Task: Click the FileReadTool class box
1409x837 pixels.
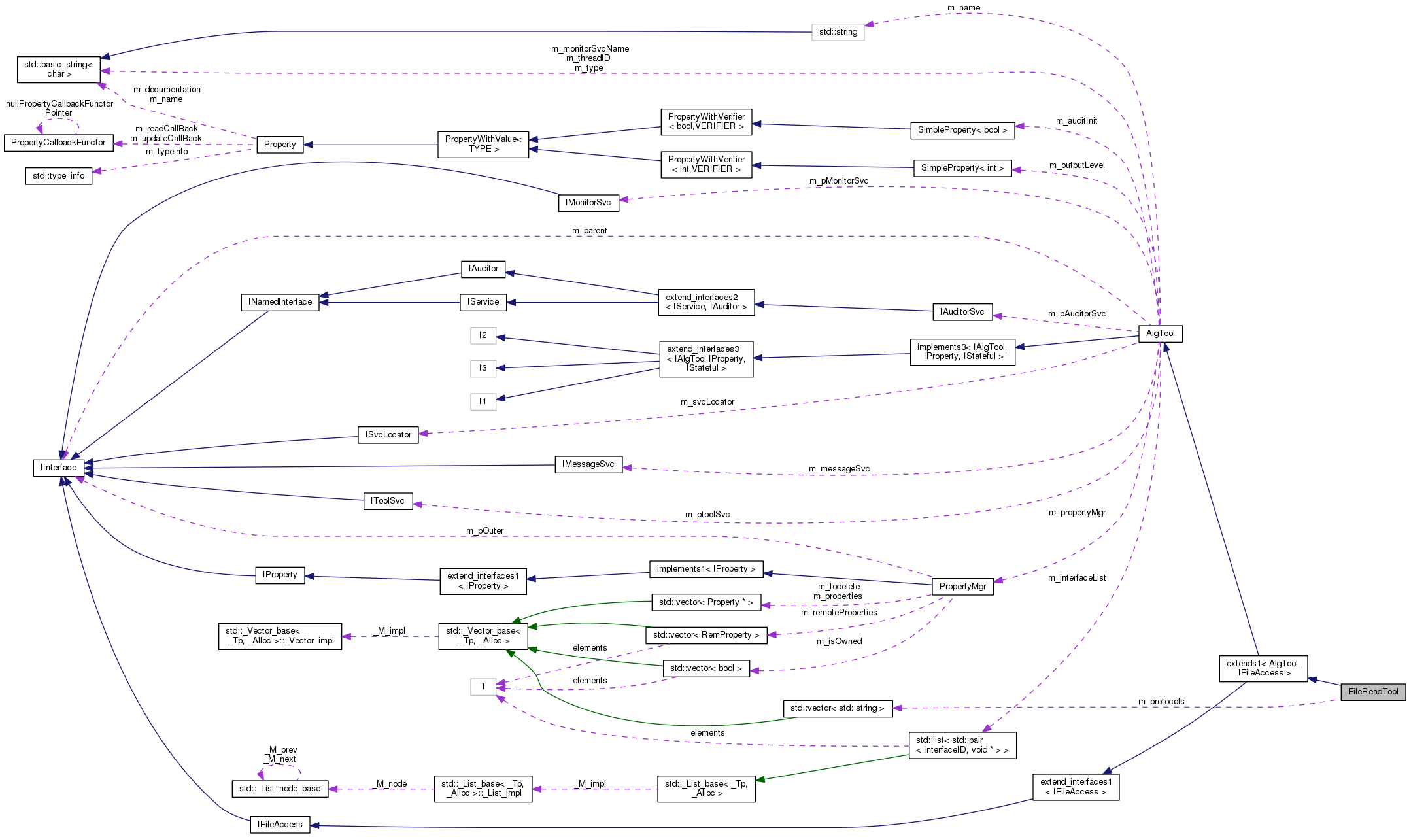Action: pyautogui.click(x=1372, y=692)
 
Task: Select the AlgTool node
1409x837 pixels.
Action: pyautogui.click(x=1160, y=333)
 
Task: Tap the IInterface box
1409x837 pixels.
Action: pyautogui.click(x=58, y=468)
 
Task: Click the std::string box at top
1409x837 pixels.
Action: pyautogui.click(x=838, y=32)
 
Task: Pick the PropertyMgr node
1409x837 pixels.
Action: pyautogui.click(x=962, y=587)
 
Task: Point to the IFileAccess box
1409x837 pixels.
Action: pyautogui.click(x=280, y=825)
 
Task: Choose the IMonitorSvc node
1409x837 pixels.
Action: pyautogui.click(x=588, y=203)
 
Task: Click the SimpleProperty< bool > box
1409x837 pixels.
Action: pyautogui.click(x=962, y=130)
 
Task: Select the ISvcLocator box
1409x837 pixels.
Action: pyautogui.click(x=388, y=435)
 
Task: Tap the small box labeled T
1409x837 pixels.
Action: pyautogui.click(x=483, y=687)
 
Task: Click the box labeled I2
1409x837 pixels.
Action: pyautogui.click(x=483, y=335)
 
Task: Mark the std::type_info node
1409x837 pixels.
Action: pyautogui.click(x=59, y=176)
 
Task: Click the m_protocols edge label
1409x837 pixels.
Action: pyautogui.click(x=1161, y=702)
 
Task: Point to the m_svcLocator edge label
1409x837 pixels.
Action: pyautogui.click(x=707, y=402)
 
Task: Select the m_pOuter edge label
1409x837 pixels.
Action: pyautogui.click(x=484, y=531)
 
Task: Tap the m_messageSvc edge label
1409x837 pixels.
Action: pyautogui.click(x=839, y=469)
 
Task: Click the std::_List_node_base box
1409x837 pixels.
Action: pyautogui.click(x=280, y=789)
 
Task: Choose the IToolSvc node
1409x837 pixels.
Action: pyautogui.click(x=388, y=501)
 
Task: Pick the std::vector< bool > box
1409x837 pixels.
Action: pyautogui.click(x=705, y=668)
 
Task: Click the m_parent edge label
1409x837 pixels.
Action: pyautogui.click(x=589, y=231)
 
